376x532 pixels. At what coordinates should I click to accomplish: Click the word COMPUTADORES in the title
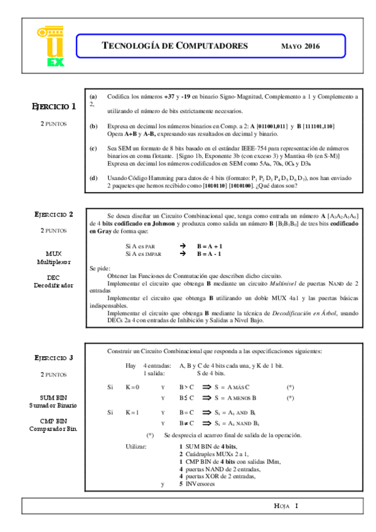point(212,46)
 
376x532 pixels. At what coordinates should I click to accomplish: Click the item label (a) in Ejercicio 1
point(94,97)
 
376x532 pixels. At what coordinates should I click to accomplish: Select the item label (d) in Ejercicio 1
point(94,178)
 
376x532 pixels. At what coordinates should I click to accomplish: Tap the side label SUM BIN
point(54,397)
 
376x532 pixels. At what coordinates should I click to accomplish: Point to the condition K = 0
point(132,387)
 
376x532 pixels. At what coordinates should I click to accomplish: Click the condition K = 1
point(132,412)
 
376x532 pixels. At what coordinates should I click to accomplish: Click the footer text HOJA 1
point(287,506)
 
